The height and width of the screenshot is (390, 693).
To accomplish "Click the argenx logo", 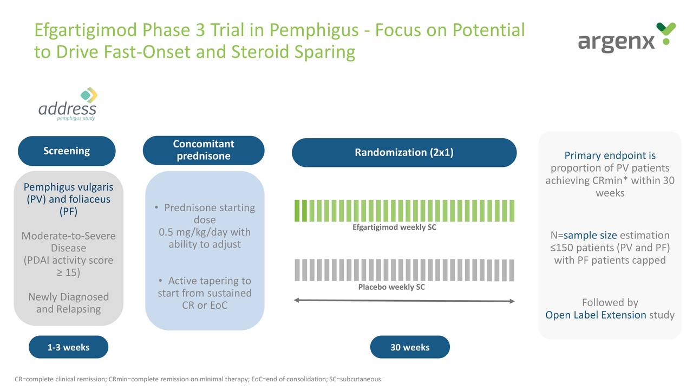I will pos(626,38).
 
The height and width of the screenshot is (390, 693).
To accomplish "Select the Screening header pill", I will pos(67,151).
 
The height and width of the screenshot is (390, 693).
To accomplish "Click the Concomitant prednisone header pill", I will pos(204,150).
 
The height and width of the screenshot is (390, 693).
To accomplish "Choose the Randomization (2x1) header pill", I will pos(404,153).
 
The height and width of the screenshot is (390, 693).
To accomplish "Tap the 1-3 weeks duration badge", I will pos(68,347).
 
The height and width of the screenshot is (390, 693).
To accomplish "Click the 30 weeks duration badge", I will pos(410,347).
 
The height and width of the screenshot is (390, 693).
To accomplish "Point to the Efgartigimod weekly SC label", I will pos(394,227).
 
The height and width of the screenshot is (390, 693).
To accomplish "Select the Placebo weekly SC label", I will pos(391,287).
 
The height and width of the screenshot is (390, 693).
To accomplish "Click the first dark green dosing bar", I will pos(297,211).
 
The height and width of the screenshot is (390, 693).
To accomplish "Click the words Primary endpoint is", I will pos(610,156).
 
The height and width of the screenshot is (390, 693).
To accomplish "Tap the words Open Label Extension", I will pos(596,315).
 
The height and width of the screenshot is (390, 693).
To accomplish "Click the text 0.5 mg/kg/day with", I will pos(205,232).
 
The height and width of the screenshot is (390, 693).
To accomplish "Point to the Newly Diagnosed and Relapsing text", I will pos(68,303).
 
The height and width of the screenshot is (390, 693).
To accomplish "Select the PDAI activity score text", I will pos(68,261).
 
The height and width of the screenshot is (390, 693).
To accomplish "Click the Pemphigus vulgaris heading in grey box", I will pos(68,187).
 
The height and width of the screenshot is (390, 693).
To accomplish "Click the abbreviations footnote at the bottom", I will pos(198,379).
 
